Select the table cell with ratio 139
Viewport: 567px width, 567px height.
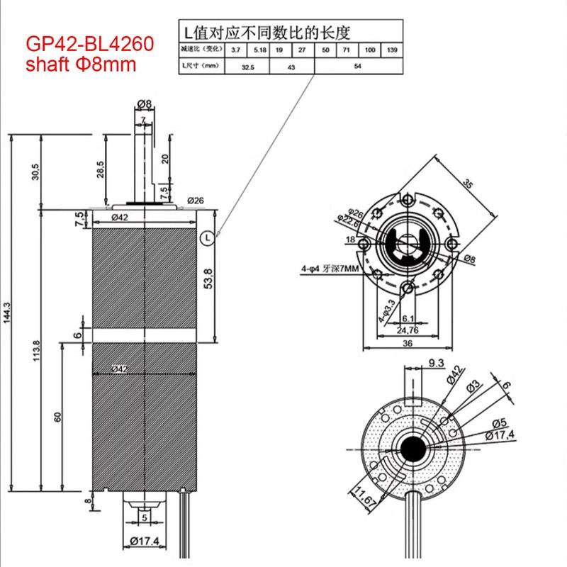pyautogui.click(x=391, y=50)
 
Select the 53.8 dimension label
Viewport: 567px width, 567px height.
pyautogui.click(x=207, y=281)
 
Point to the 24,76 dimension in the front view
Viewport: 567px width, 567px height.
pyautogui.click(x=408, y=330)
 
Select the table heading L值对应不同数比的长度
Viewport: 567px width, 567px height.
pyautogui.click(x=268, y=31)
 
